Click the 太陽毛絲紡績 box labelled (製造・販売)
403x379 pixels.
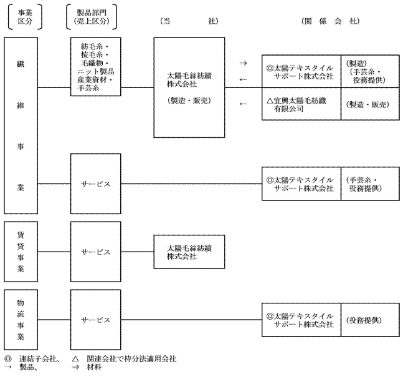click(x=189, y=87)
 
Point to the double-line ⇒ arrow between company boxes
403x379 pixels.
click(x=243, y=63)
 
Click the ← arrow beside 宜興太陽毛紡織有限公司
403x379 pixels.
click(x=243, y=103)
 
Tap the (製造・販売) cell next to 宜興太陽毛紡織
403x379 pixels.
click(x=370, y=103)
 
